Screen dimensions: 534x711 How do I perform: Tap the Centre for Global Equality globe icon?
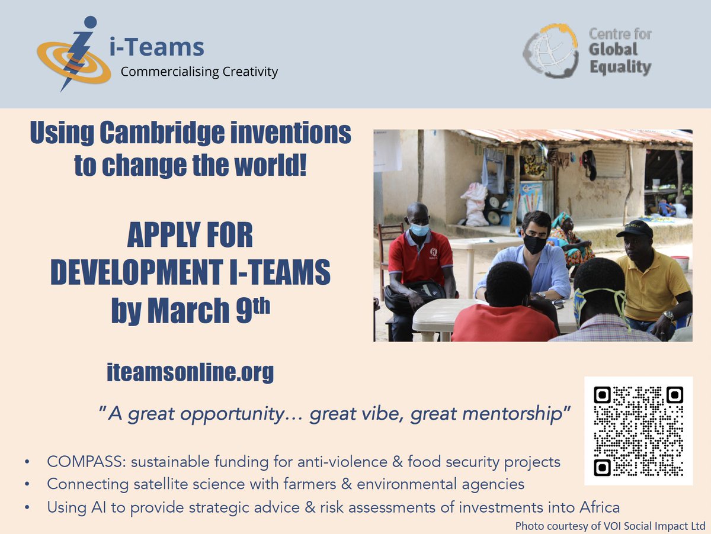coord(550,52)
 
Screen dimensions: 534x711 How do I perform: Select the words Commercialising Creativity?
coord(199,72)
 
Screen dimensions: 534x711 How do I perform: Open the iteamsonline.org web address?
coord(190,372)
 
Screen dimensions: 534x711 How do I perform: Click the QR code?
coord(638,430)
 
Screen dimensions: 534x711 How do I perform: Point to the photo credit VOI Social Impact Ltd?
coord(644,526)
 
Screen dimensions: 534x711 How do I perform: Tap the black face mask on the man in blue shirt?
coord(534,243)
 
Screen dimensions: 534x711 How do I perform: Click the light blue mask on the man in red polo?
coord(419,229)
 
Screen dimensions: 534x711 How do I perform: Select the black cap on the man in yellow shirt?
coord(634,228)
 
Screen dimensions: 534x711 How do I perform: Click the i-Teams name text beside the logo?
coord(156,47)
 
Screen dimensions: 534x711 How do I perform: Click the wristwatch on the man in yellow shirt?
coord(668,315)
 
